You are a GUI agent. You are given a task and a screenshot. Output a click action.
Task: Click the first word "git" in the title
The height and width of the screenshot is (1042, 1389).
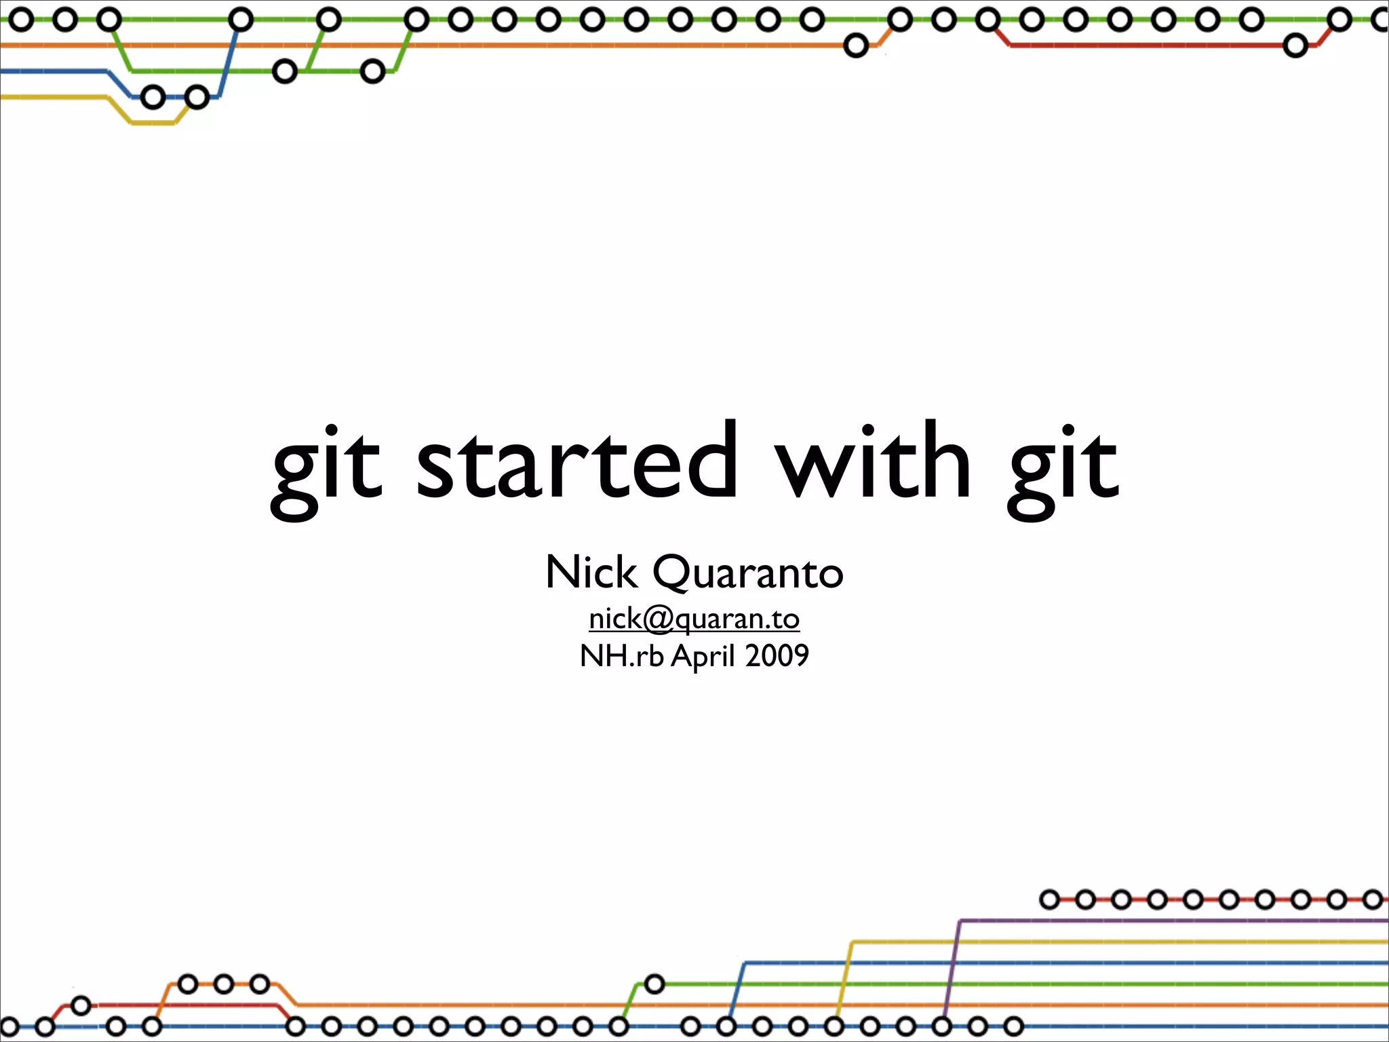[x=327, y=468]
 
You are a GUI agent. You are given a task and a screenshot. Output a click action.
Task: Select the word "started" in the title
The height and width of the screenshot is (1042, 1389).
[x=576, y=461]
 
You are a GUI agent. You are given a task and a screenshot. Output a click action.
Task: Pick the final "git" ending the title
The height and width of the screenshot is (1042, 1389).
[x=1063, y=468]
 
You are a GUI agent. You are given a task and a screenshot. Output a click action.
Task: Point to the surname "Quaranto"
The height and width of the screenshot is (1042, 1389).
[x=748, y=573]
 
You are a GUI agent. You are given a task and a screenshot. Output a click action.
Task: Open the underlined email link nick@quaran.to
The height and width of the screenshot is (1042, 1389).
[x=694, y=619]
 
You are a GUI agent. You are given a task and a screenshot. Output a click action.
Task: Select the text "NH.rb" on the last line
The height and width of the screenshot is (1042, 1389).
[x=621, y=656]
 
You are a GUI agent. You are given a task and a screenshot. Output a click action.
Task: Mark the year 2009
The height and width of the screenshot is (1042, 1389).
[x=777, y=656]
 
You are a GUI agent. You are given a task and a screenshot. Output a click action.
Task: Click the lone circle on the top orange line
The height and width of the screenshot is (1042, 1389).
[x=856, y=46]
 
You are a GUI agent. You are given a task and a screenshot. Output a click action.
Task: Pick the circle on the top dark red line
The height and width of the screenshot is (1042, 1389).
[x=1295, y=46]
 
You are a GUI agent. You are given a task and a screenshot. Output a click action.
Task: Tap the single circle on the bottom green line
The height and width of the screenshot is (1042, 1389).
[x=654, y=984]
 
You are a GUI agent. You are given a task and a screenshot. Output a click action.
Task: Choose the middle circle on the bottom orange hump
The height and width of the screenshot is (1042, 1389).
[x=224, y=984]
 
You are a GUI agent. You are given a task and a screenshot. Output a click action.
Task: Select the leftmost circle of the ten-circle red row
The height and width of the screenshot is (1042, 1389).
[x=1049, y=900]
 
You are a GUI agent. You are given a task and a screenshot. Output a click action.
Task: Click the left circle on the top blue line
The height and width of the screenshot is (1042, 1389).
[x=154, y=98]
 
